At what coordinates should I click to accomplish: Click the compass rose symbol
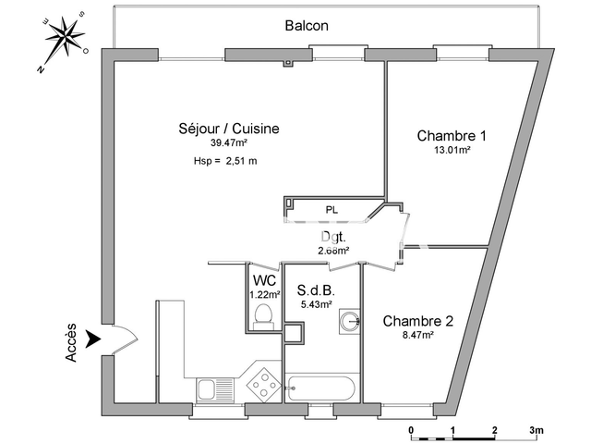click(63, 41)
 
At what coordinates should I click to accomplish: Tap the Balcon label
click(307, 26)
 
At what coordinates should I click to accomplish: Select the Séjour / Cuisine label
click(228, 129)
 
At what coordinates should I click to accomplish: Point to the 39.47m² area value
click(228, 143)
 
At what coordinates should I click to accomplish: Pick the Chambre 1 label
click(452, 135)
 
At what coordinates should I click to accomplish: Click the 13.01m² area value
click(452, 149)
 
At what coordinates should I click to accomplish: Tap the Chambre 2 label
click(418, 321)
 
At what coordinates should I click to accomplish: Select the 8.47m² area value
click(417, 336)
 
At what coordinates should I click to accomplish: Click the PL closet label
click(332, 211)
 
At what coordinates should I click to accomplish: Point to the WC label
click(264, 279)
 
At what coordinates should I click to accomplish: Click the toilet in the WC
click(264, 316)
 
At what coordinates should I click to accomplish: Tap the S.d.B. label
click(316, 289)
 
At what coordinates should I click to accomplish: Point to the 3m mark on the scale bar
click(537, 430)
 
